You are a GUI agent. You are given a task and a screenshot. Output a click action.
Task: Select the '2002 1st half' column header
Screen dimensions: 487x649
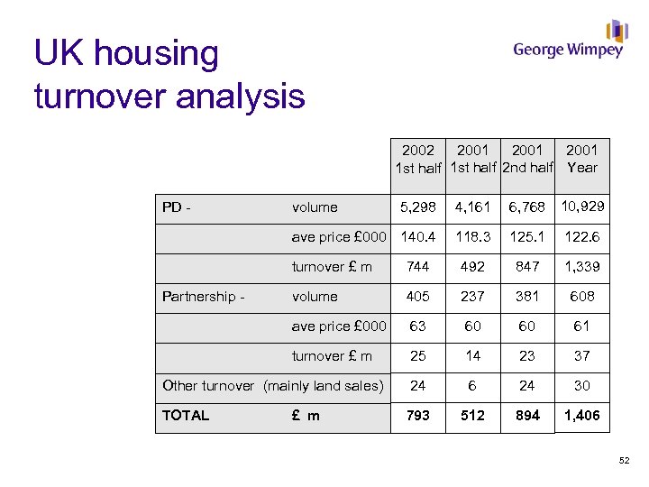pos(417,159)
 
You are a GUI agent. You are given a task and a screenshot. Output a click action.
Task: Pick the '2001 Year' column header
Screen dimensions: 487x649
pos(582,159)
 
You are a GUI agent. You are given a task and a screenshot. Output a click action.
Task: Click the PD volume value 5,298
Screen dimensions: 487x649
pos(418,207)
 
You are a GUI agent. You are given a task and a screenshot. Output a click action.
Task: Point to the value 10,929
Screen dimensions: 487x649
pos(582,207)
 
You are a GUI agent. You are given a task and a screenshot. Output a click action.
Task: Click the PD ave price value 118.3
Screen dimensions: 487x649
pos(472,238)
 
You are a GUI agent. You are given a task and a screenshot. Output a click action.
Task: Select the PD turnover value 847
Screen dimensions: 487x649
pos(526,267)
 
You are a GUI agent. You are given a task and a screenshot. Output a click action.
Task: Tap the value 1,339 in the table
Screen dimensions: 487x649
pos(582,267)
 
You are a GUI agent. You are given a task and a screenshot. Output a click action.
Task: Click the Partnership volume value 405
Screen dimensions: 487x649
pos(418,297)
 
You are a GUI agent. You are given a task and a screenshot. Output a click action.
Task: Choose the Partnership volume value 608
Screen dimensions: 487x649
pos(582,297)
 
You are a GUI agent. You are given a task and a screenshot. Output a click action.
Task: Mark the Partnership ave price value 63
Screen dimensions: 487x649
pos(418,326)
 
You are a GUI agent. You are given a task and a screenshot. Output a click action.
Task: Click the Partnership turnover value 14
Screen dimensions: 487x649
pos(472,356)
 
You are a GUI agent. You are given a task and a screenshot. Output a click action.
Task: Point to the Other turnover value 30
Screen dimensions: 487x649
pos(582,386)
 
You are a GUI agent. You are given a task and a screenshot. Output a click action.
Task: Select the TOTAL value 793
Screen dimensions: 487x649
pos(418,416)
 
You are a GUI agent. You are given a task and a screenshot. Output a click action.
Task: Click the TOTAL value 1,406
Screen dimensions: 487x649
pos(582,416)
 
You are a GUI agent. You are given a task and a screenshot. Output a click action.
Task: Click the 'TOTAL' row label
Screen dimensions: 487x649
pos(186,416)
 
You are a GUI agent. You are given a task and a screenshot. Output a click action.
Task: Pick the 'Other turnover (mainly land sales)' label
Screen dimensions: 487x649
pos(272,386)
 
